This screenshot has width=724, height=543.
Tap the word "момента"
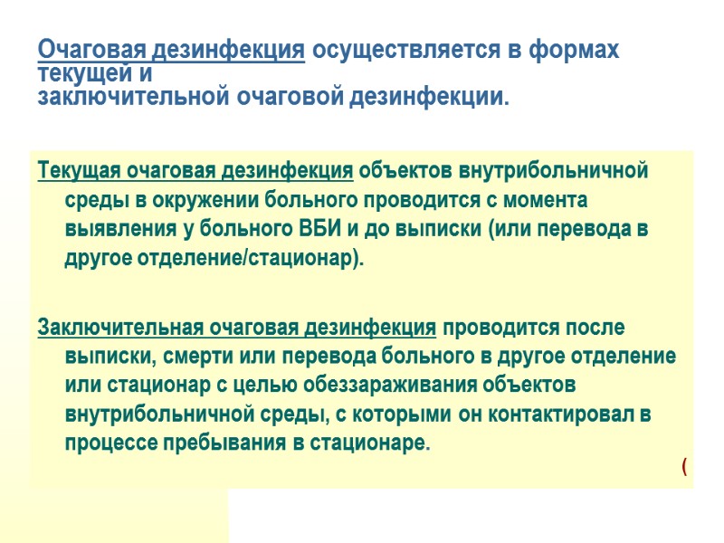(x=545, y=199)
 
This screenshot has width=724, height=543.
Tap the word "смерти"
(x=185, y=356)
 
